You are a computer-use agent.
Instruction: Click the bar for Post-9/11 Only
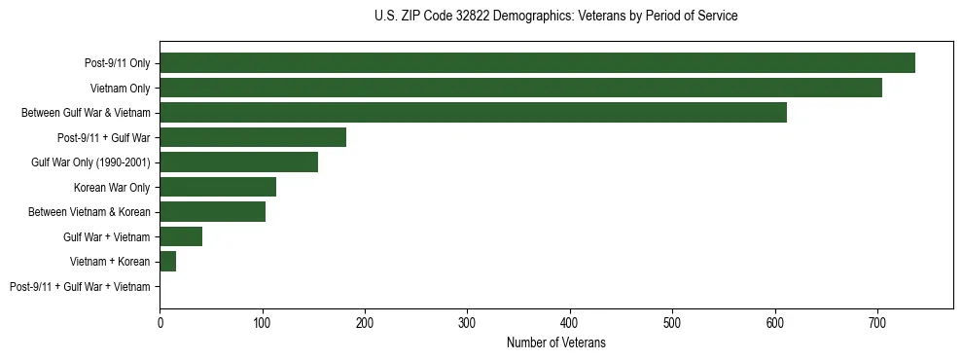(537, 63)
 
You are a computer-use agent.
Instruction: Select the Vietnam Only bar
(520, 88)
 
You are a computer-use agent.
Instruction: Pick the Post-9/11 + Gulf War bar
(253, 137)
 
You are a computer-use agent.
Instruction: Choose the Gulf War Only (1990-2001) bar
(238, 162)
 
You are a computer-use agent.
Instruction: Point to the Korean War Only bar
(218, 187)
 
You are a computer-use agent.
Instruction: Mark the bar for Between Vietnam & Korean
(212, 212)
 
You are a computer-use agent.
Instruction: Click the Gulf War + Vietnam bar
(181, 236)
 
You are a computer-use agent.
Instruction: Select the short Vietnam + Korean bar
(167, 262)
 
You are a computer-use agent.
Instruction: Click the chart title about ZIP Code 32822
(555, 17)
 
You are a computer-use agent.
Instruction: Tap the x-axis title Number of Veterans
(555, 342)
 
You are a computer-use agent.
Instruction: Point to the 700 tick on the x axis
(877, 321)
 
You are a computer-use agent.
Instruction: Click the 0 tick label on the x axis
(160, 321)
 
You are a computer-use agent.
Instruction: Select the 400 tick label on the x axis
(570, 321)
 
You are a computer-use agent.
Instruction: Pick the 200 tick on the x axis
(365, 321)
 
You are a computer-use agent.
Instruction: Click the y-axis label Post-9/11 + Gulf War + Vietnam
(80, 287)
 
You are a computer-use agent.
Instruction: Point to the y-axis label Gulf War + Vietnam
(107, 237)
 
